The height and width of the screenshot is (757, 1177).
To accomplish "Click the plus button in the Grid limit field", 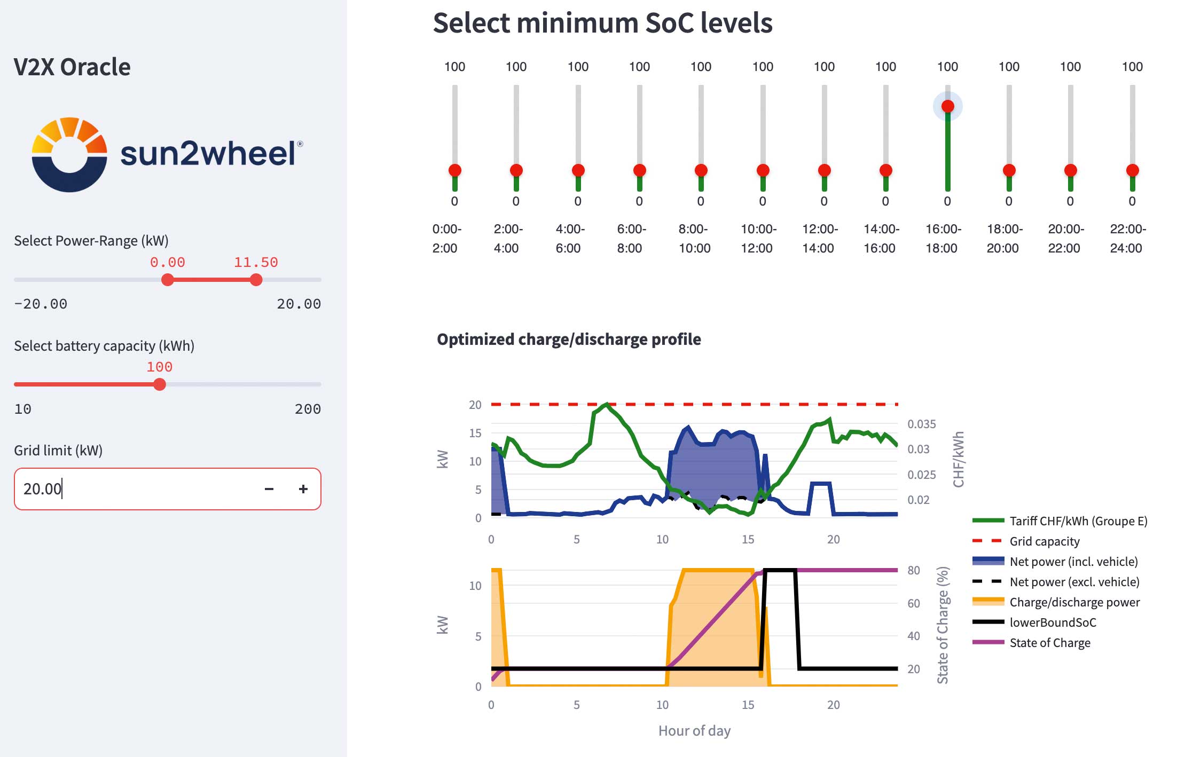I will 303,489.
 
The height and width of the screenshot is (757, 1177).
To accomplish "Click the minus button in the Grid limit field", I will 269,489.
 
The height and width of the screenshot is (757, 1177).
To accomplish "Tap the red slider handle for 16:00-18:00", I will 947,106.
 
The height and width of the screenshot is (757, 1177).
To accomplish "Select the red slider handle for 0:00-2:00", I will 454,170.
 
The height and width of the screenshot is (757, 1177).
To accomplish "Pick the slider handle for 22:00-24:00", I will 1132,170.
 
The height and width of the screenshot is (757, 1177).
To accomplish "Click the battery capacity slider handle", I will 159,384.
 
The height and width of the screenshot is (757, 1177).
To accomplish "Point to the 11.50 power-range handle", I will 256,280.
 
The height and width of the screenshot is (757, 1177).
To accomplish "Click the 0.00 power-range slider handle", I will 168,280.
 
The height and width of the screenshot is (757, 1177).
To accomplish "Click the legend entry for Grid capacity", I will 1044,541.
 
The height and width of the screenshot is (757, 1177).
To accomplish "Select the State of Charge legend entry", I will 1049,643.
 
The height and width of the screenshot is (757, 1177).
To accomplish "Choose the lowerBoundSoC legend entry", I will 1052,622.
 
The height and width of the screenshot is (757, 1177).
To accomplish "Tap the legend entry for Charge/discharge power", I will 1074,602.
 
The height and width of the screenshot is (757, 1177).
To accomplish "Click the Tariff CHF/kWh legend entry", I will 1078,521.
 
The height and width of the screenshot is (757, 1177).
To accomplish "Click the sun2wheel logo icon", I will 69,154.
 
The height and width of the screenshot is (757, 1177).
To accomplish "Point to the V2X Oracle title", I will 72,67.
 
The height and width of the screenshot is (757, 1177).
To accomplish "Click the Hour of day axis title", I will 694,731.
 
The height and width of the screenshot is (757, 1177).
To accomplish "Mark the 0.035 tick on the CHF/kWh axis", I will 921,424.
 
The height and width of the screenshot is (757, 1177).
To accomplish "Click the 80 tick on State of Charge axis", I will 914,570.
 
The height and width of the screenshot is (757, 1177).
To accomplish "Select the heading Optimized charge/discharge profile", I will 569,340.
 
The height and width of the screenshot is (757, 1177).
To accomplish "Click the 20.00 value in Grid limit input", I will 42,489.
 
